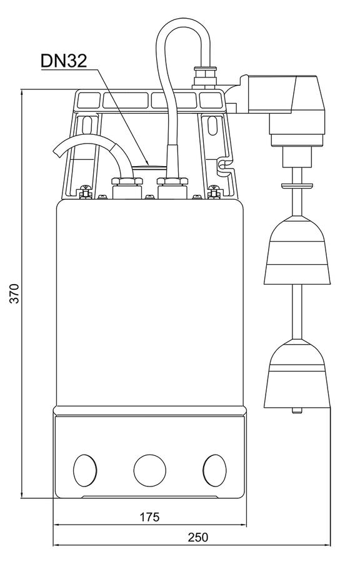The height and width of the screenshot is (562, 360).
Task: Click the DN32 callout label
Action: (x=64, y=61)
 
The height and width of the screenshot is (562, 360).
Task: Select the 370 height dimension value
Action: (x=14, y=293)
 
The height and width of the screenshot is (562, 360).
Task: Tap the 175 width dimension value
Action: (x=149, y=517)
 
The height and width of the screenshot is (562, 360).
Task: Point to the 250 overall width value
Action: (x=198, y=537)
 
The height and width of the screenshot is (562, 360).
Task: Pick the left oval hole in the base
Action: (x=85, y=470)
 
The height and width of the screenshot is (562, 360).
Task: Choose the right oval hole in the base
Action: (x=214, y=470)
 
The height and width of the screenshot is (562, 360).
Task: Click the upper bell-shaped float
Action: (x=297, y=250)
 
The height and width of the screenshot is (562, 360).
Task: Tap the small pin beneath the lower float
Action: (x=297, y=410)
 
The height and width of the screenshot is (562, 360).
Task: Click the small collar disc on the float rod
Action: (x=297, y=185)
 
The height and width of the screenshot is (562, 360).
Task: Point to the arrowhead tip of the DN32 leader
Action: (x=149, y=165)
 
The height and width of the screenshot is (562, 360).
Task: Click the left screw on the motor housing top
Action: (x=85, y=192)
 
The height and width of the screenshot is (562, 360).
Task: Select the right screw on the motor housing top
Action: (x=214, y=192)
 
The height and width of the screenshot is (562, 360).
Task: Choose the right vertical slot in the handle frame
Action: (x=213, y=126)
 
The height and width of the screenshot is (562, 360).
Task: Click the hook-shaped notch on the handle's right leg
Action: (x=224, y=165)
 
